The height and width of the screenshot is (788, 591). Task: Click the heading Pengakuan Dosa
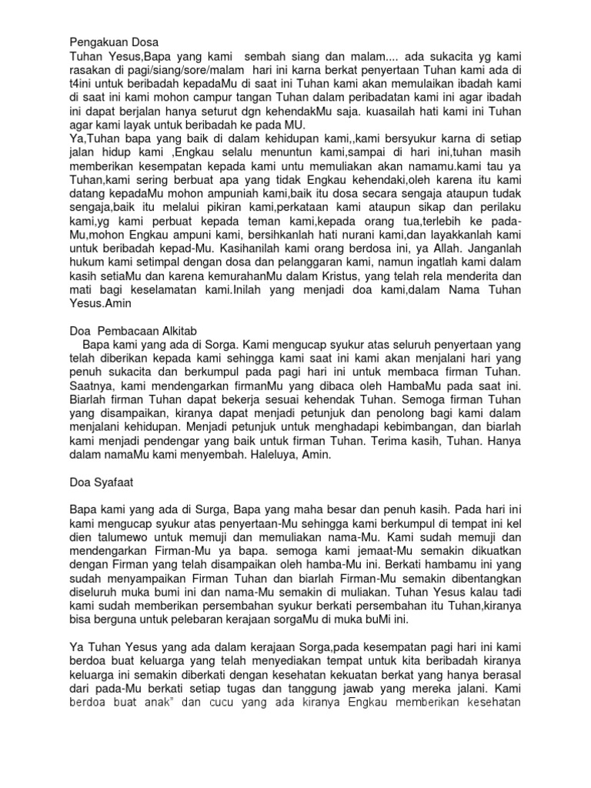113,42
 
